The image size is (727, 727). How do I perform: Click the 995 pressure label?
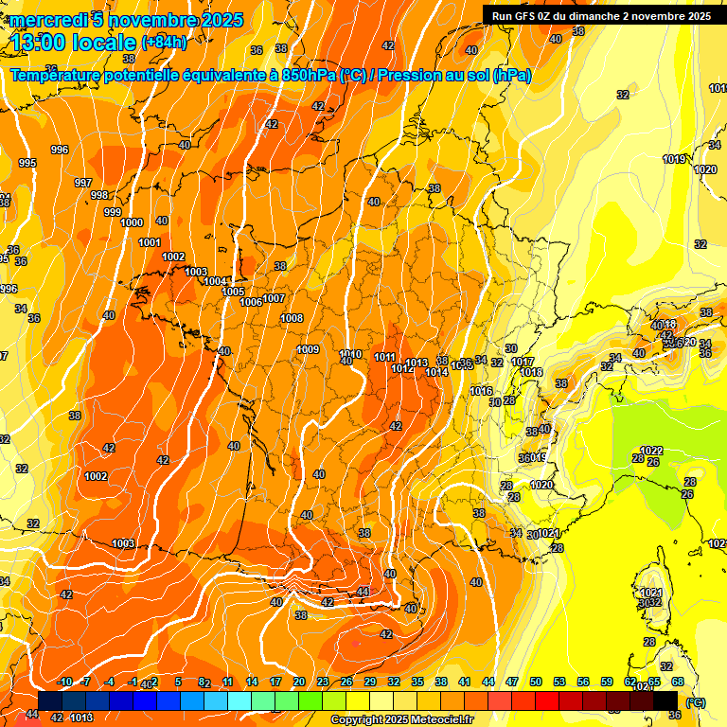27,163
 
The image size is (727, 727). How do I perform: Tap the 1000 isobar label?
132,222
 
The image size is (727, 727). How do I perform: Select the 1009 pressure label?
308,350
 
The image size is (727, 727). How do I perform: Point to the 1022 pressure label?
651,451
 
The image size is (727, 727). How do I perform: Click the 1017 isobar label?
523,363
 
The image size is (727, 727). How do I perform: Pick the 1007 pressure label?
274,298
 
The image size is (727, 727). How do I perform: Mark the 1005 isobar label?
233,292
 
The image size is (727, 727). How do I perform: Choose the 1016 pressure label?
481,391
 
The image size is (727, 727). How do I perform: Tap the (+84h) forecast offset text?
164,43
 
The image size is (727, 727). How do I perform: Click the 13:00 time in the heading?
44,43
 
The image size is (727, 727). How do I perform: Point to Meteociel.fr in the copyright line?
431,720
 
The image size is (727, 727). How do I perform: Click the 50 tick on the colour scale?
536,682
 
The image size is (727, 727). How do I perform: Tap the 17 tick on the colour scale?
275,682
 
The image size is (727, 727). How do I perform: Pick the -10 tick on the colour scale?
65,682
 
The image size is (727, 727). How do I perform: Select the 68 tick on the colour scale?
678,682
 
